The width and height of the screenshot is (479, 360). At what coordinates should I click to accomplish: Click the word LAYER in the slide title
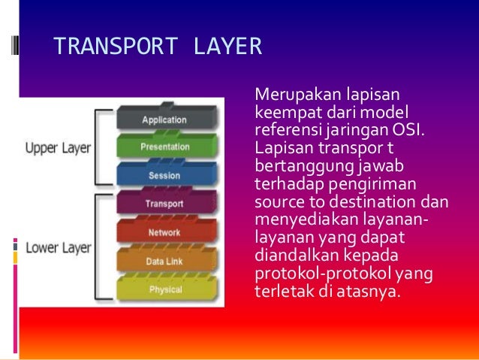pos(227,47)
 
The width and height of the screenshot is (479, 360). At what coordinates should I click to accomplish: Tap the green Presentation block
pos(164,147)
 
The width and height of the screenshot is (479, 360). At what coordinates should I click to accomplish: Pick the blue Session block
pos(164,176)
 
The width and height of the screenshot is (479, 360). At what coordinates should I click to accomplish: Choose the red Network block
pos(164,233)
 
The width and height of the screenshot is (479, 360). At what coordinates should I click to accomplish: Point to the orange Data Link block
pos(164,262)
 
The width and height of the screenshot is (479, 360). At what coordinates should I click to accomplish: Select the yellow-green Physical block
pos(164,289)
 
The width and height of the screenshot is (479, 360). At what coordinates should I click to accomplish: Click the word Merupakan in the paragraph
pos(290,96)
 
